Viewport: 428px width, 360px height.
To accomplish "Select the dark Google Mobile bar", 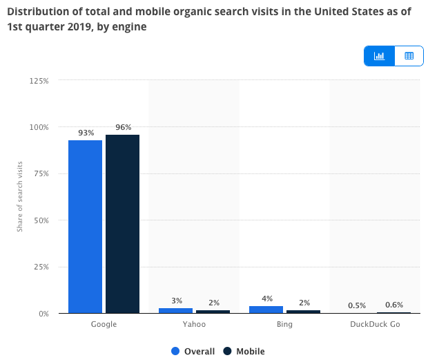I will [122, 224].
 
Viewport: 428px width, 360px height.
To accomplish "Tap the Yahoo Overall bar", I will [175, 310].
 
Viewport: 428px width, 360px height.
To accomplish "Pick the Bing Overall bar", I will [266, 310].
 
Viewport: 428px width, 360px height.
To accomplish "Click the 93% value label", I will [86, 133].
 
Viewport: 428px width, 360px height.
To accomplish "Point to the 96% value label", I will [123, 127].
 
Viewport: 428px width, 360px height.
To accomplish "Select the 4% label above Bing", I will [267, 299].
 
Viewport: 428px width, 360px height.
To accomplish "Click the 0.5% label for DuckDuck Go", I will [357, 305].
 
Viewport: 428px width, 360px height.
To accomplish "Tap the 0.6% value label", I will [394, 305].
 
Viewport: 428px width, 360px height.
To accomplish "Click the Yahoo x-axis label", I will [193, 324].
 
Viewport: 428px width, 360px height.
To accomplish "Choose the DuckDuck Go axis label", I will [375, 324].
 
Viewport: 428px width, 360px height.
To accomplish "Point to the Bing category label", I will [284, 324].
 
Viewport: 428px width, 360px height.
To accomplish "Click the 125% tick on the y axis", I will [39, 81].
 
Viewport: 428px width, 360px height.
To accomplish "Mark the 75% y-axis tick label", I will [41, 174].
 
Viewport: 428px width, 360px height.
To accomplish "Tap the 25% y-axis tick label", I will [41, 267].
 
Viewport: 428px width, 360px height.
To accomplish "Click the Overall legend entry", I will [193, 351].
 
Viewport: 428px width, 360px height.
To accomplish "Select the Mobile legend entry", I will [244, 351].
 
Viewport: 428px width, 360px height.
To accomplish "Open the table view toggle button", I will [409, 56].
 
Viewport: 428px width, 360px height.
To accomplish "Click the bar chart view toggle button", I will [379, 56].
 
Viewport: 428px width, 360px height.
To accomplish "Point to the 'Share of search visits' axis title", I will [20, 196].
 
